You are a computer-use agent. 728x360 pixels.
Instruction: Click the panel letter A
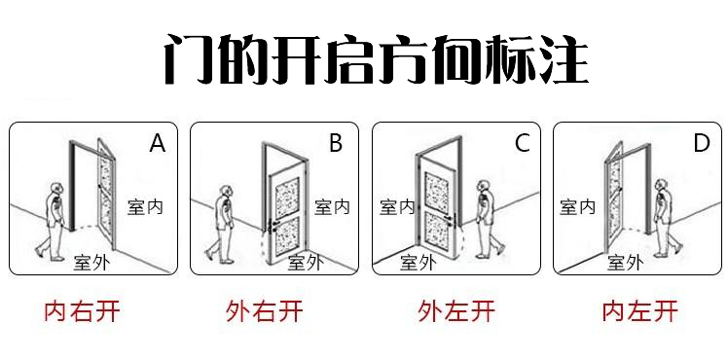[x=158, y=143]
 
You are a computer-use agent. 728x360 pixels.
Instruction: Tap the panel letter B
[x=336, y=143]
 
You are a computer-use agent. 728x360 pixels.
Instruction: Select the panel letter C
[x=523, y=143]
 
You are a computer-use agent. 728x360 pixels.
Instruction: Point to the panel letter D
[x=702, y=143]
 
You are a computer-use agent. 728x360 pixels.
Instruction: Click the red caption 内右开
[x=82, y=311]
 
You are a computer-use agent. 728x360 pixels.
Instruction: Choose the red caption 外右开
[x=264, y=311]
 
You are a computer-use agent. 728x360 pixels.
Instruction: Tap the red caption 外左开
[x=456, y=311]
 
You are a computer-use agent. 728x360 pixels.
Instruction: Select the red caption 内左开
[x=640, y=311]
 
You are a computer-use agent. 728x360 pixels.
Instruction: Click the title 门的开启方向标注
[x=376, y=59]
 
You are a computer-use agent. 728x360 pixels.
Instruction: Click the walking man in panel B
[x=222, y=225]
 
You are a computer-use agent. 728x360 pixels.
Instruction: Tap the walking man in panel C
[x=489, y=219]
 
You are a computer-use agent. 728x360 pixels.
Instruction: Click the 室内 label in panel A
[x=145, y=207]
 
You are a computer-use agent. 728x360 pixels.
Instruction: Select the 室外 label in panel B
[x=306, y=263]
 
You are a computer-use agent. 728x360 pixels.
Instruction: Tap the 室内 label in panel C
[x=397, y=207]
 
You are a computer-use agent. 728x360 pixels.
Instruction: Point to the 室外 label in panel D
[x=625, y=263]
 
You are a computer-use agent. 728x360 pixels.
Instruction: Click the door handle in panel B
[x=273, y=226]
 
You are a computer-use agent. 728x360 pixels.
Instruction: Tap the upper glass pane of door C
[x=437, y=191]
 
